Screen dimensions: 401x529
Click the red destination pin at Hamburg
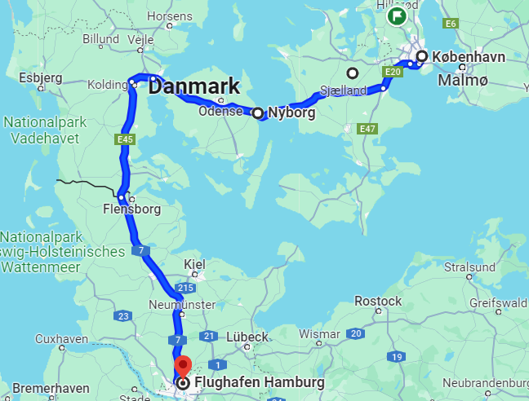(183, 366)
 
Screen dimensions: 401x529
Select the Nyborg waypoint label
(291, 113)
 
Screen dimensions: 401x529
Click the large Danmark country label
(194, 86)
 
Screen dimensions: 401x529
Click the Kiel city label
(194, 264)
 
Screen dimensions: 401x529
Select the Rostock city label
(378, 301)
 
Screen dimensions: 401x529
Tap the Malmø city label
(463, 81)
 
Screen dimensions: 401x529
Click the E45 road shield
(125, 140)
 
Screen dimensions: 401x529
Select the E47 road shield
(368, 129)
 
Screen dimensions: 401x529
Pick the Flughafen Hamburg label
(258, 382)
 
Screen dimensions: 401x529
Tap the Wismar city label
(319, 334)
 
